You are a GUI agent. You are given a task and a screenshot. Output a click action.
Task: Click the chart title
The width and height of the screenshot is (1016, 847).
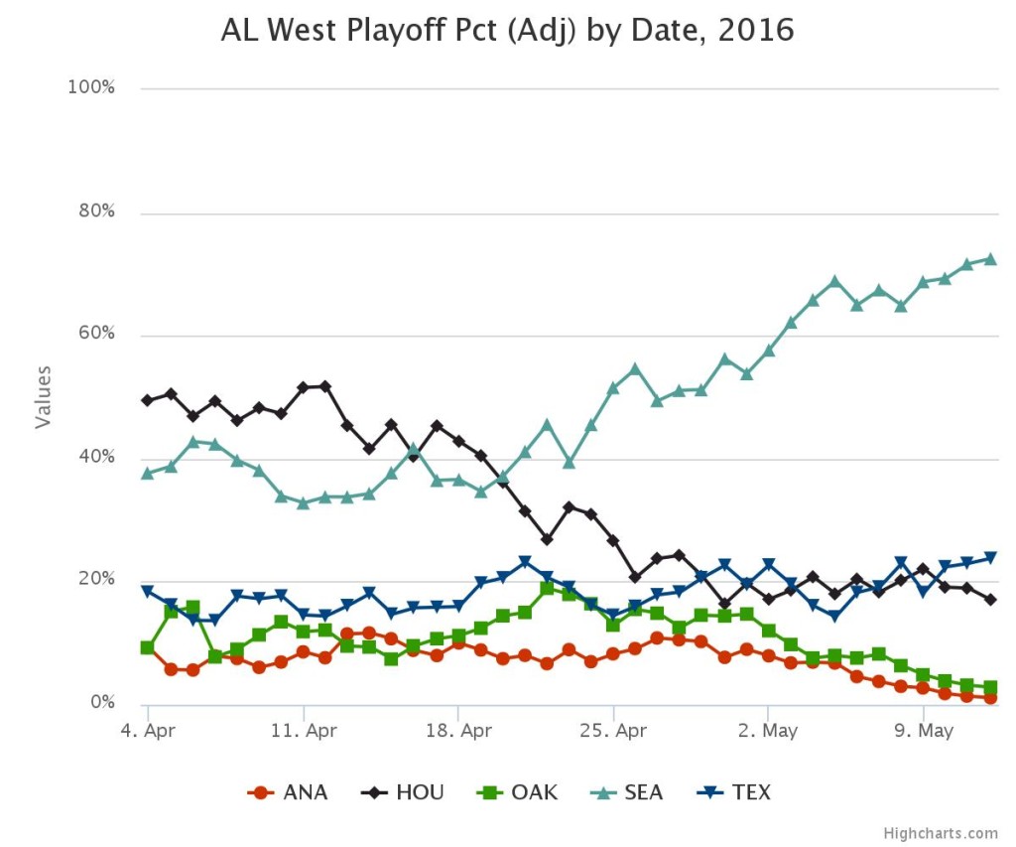[507, 31]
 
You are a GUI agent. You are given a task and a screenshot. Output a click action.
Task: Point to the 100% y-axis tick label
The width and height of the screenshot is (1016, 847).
[91, 87]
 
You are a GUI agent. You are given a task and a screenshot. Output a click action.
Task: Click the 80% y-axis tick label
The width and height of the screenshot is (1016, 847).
[95, 212]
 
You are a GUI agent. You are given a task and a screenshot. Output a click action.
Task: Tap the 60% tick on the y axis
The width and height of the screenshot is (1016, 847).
[95, 335]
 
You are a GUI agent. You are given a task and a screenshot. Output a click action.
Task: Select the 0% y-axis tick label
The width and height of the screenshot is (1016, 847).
[101, 703]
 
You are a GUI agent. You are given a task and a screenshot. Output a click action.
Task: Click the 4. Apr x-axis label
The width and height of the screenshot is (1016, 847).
[147, 732]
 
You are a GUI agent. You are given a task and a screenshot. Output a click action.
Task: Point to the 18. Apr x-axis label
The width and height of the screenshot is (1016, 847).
[457, 732]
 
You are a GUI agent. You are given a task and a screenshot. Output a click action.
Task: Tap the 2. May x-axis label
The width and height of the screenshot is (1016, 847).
[768, 732]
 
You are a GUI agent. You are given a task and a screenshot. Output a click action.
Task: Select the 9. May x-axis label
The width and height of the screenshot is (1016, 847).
[923, 732]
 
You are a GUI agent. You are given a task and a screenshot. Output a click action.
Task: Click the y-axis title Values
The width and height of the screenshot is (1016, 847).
[43, 396]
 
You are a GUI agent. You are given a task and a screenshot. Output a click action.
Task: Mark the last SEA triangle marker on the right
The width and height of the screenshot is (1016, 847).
[989, 259]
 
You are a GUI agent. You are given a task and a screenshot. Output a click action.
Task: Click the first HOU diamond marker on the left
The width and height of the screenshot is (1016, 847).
[148, 400]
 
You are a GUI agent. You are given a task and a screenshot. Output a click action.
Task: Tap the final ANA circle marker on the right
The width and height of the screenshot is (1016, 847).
[989, 698]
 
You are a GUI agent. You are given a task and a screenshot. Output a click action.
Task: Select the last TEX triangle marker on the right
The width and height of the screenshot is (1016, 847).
[989, 558]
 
